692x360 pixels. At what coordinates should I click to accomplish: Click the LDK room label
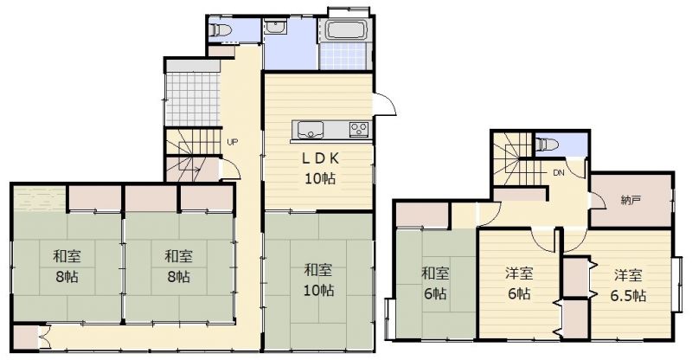tap(320, 157)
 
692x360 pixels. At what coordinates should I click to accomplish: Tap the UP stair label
tap(232, 142)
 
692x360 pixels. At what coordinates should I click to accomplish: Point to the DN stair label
tap(559, 173)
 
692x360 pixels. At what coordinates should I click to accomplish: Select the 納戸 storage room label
tap(631, 200)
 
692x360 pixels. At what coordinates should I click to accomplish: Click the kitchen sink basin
tap(311, 130)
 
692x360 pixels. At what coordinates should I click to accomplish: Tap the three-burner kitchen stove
tap(359, 130)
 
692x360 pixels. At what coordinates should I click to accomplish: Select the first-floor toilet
tap(221, 30)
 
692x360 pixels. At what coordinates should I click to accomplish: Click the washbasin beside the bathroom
tap(276, 29)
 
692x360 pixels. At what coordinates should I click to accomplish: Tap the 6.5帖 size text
tap(629, 294)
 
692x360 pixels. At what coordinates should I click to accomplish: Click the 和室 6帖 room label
tap(435, 283)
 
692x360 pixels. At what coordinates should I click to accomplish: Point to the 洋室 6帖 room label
tap(519, 283)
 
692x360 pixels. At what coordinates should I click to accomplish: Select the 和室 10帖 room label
tap(318, 280)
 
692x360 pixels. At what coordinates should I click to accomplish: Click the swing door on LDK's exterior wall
tap(384, 105)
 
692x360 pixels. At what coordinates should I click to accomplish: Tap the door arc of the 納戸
tap(598, 201)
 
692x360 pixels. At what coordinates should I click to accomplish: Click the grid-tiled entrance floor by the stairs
tap(192, 99)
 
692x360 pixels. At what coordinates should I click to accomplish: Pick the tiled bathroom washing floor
tap(343, 57)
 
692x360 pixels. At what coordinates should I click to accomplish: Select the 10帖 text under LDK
tap(320, 178)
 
